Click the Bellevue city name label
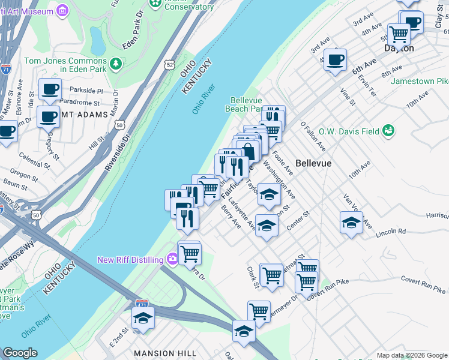(313, 163)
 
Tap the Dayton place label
(399, 48)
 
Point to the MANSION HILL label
(158, 353)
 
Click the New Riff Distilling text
(130, 260)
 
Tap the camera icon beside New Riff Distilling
(173, 259)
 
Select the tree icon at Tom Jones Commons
(115, 62)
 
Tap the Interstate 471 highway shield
(142, 304)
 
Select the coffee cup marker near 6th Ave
(335, 59)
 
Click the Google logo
(20, 353)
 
